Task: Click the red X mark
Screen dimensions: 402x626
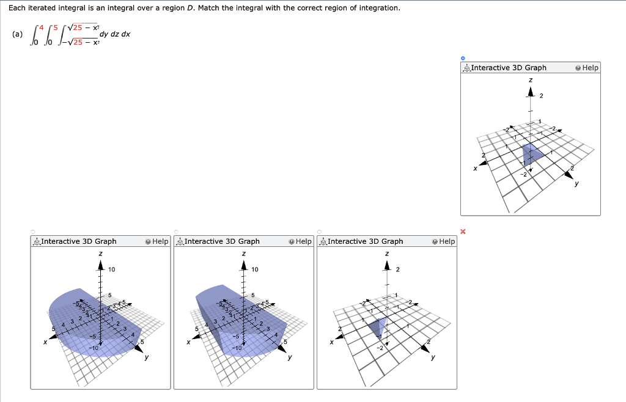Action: pyautogui.click(x=463, y=232)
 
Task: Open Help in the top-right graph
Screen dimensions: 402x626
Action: pyautogui.click(x=587, y=68)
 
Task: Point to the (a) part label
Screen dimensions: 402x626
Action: pyautogui.click(x=17, y=34)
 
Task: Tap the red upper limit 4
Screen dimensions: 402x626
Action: pyautogui.click(x=42, y=27)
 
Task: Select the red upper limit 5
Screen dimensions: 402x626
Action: pyautogui.click(x=59, y=27)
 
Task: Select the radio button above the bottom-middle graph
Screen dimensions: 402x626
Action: pyautogui.click(x=176, y=232)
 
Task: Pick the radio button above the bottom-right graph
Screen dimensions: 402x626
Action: pyautogui.click(x=319, y=232)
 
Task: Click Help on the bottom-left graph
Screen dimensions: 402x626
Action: pyautogui.click(x=157, y=241)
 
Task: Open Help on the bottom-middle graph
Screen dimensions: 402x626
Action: pyautogui.click(x=300, y=241)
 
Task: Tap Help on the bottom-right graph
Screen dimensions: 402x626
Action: pyautogui.click(x=443, y=241)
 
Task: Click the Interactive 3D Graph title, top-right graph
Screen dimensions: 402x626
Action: pyautogui.click(x=509, y=68)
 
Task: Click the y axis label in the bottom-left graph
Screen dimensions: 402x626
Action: pyautogui.click(x=145, y=357)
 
